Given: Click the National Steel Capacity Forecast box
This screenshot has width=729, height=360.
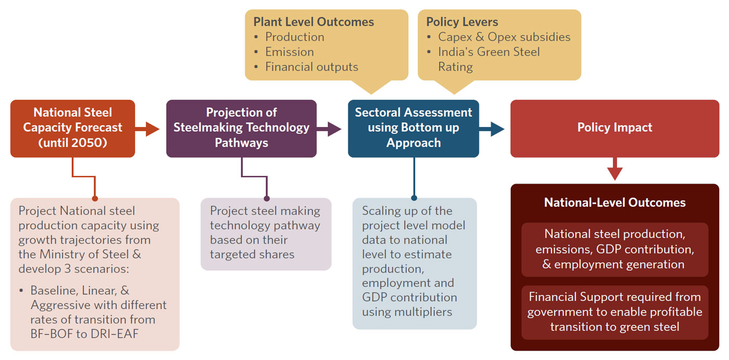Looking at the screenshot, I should (72, 128).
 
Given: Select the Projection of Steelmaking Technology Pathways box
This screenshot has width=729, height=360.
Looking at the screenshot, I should (241, 128).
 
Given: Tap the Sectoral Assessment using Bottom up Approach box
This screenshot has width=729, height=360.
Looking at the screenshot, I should (413, 128).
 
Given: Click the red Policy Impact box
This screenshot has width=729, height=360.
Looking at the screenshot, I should (614, 128).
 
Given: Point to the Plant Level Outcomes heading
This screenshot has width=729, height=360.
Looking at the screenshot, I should (313, 22).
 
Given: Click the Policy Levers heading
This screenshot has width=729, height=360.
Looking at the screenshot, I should (462, 22).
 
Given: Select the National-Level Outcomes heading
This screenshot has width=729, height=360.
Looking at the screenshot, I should (614, 202).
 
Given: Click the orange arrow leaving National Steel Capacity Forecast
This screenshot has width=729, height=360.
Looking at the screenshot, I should (148, 128).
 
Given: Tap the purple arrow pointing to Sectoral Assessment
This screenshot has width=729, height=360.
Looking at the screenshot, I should (329, 128).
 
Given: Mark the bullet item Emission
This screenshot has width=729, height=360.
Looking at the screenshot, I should (289, 52).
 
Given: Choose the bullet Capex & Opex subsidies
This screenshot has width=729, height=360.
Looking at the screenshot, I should (504, 37).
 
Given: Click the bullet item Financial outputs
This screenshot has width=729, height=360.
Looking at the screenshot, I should (311, 67).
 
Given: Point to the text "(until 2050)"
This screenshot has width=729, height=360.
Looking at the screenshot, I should (72, 143).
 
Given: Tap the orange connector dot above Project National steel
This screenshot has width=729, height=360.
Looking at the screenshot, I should (95, 198).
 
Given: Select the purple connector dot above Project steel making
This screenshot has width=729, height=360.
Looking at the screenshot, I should (267, 198).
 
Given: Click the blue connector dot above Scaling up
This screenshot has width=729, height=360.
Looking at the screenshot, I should (414, 198).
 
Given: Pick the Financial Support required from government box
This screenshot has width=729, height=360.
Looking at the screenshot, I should (614, 312).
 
